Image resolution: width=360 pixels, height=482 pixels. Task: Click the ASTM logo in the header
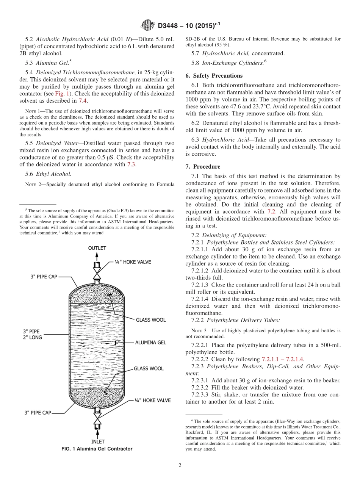point(147,25)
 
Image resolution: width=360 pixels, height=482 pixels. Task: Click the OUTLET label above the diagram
point(97,248)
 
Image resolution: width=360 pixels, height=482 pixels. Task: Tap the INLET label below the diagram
point(97,441)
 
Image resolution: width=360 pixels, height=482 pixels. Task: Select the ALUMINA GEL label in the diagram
point(150,342)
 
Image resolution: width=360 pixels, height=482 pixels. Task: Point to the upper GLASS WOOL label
point(150,320)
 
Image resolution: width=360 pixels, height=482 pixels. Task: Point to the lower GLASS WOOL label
point(149,368)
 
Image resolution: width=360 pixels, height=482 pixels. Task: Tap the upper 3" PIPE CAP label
point(44,277)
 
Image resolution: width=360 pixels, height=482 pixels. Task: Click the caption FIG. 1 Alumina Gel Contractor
point(97,449)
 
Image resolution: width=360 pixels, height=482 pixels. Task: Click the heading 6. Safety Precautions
point(214,75)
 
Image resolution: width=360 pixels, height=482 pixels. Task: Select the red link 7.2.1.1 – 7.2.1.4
point(283,359)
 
